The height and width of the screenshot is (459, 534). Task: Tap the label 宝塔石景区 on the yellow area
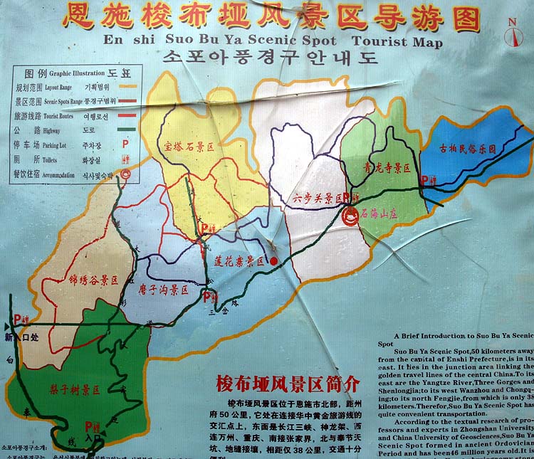click(189, 147)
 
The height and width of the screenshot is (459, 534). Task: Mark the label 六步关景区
click(318, 199)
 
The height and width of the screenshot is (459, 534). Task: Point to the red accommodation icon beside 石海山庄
click(350, 214)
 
